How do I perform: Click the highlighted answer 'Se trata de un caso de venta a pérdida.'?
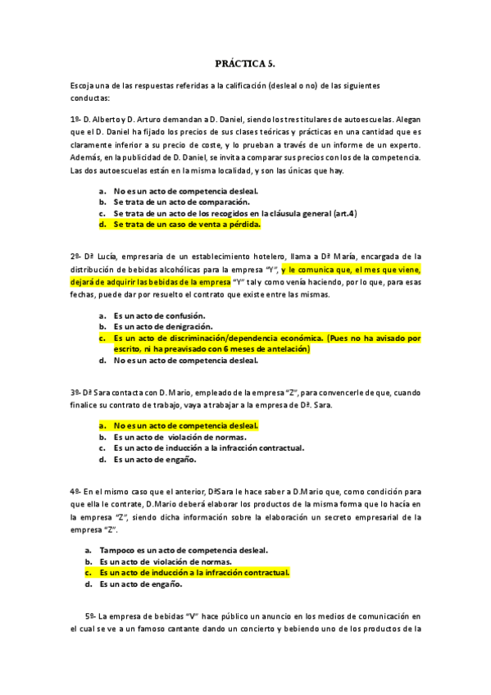tap(187, 224)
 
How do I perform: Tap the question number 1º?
tap(75, 119)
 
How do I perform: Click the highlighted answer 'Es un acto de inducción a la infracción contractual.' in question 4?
tap(195, 573)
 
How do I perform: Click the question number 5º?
tap(90, 615)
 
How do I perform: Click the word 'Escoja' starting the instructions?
tap(84, 86)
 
